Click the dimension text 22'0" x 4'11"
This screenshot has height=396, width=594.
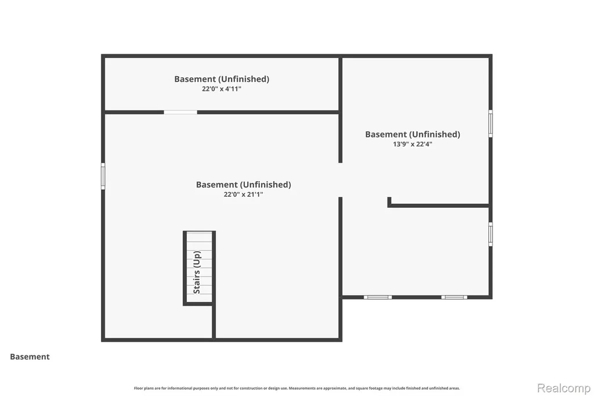tap(222, 89)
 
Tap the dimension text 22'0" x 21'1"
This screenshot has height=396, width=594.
tap(243, 194)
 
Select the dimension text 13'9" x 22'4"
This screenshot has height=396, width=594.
tap(412, 144)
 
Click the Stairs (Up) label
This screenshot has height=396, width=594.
tap(197, 272)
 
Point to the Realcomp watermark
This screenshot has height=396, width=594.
tap(564, 388)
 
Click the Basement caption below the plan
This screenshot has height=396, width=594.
tap(30, 357)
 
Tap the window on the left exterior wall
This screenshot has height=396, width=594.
tap(103, 176)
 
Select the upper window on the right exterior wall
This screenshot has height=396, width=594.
tap(491, 124)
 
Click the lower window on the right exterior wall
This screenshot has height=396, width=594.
tap(491, 234)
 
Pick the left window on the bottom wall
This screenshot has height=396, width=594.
tap(378, 297)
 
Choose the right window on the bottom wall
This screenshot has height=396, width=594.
tap(454, 297)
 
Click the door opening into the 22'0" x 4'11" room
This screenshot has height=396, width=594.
tap(180, 112)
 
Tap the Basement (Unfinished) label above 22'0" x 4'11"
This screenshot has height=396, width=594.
tap(222, 79)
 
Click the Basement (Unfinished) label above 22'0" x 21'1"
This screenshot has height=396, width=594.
tap(243, 184)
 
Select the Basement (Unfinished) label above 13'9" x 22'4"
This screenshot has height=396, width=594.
tap(412, 134)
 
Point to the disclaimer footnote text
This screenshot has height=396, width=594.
tap(297, 388)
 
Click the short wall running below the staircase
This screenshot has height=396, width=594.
tap(213, 321)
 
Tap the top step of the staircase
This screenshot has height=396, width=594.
tap(200, 237)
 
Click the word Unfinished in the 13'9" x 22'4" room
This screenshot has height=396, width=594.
tap(435, 134)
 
